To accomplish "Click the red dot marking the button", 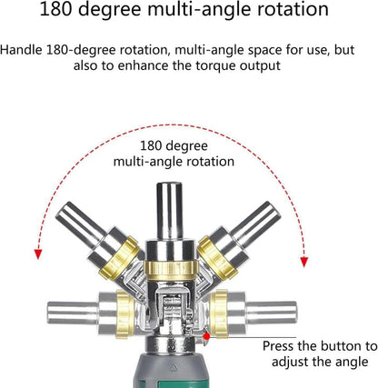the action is (x=207, y=336).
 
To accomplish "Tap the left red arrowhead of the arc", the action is (x=38, y=254).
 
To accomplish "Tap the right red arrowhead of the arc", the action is (x=304, y=262).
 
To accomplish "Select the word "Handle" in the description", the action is (x=21, y=50).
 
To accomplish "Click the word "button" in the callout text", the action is (x=342, y=346).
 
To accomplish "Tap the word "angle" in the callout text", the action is (x=352, y=362).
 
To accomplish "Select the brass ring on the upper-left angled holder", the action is (x=119, y=257).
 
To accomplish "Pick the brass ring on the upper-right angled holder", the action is (x=217, y=257).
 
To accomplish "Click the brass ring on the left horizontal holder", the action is (x=125, y=313).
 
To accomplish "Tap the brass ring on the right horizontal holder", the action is (x=219, y=313).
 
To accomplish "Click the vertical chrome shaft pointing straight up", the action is (x=169, y=211).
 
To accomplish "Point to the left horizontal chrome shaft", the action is (x=73, y=313).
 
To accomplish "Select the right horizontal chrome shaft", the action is (x=272, y=313).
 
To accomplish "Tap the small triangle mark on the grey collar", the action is (x=174, y=368).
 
